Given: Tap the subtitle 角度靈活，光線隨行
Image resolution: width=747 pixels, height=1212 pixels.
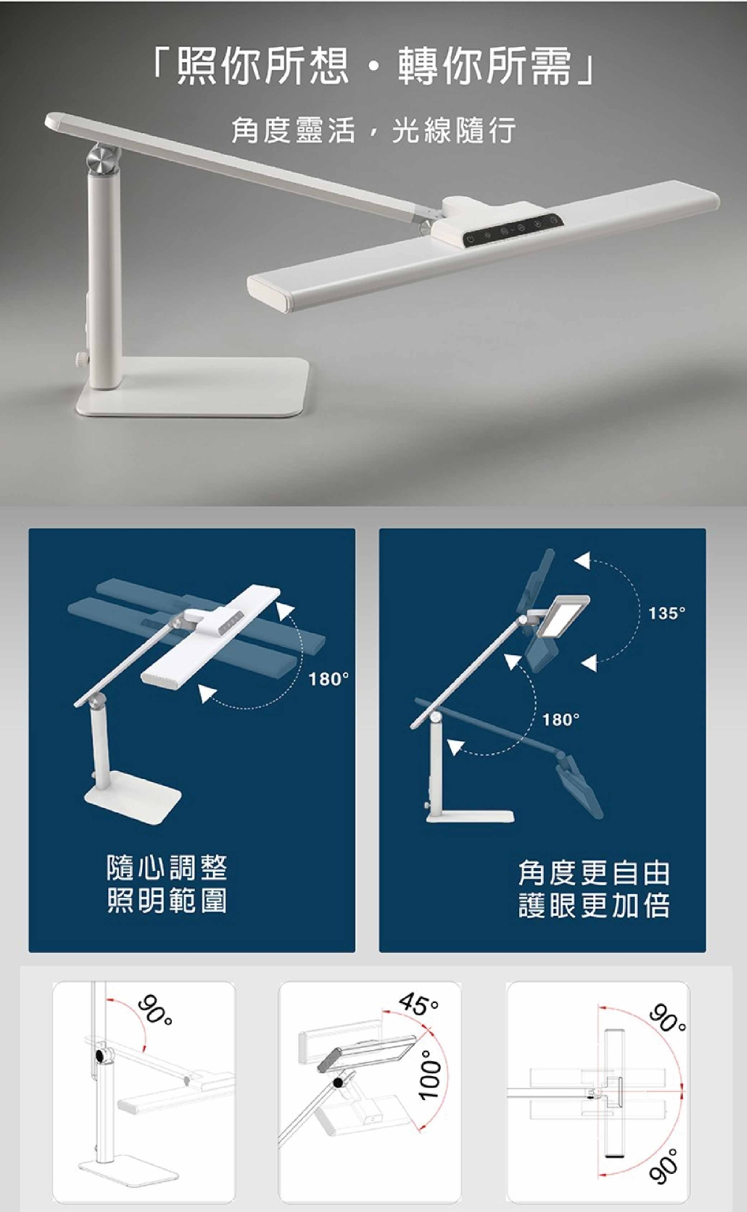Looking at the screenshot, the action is coord(373,131).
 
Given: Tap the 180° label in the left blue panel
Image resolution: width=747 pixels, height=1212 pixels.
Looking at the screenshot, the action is coord(329,679).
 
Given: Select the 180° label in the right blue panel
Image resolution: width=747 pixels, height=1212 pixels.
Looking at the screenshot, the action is coord(561,719).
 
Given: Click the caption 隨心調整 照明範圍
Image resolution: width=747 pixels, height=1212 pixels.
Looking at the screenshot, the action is coord(167,884).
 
